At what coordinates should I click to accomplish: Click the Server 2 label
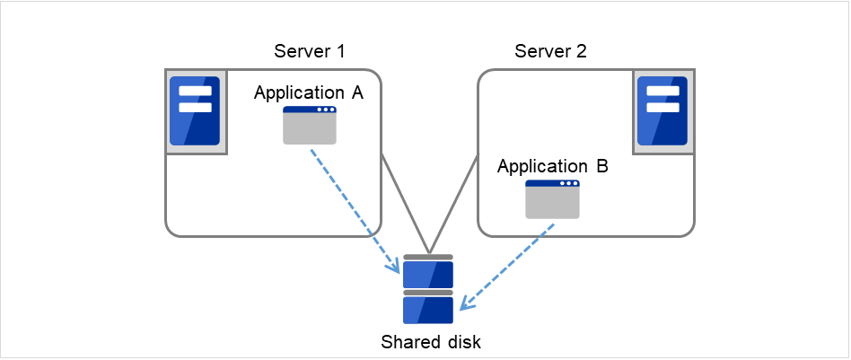550,51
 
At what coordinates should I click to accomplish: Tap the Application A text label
308,92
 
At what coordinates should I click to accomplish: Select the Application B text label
552,166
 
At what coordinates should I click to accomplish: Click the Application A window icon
310,126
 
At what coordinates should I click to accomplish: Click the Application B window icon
552,199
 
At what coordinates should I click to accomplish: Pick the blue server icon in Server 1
195,110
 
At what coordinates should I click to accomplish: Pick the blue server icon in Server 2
662,110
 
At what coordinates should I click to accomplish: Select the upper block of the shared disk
428,273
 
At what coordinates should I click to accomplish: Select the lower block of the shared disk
428,309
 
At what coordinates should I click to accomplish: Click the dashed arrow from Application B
507,266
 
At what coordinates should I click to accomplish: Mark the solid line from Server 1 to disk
405,203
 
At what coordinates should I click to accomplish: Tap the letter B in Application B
601,166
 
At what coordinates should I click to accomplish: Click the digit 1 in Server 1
341,51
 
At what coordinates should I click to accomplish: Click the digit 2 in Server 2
582,51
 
